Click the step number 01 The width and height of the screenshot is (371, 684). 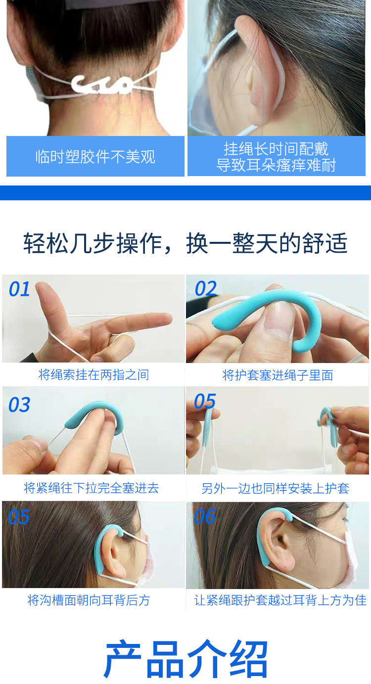click(19, 289)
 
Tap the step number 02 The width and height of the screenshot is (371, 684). click(206, 288)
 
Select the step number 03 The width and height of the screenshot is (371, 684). click(19, 405)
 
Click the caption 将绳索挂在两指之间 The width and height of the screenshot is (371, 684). click(94, 375)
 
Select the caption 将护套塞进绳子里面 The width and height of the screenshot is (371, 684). click(278, 375)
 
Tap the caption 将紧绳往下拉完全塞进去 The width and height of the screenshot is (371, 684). click(92, 488)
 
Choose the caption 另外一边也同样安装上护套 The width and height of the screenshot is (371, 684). click(275, 489)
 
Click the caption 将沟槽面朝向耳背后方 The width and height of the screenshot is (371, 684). click(89, 600)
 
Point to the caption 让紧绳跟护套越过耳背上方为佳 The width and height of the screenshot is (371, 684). click(280, 600)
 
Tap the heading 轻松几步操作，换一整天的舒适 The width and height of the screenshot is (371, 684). click(185, 243)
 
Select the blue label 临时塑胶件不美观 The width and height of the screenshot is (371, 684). click(95, 156)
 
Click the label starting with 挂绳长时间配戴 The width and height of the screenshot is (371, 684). click(277, 156)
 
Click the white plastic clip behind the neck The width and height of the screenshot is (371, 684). click(102, 85)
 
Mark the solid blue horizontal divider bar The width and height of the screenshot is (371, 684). click(185, 193)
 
